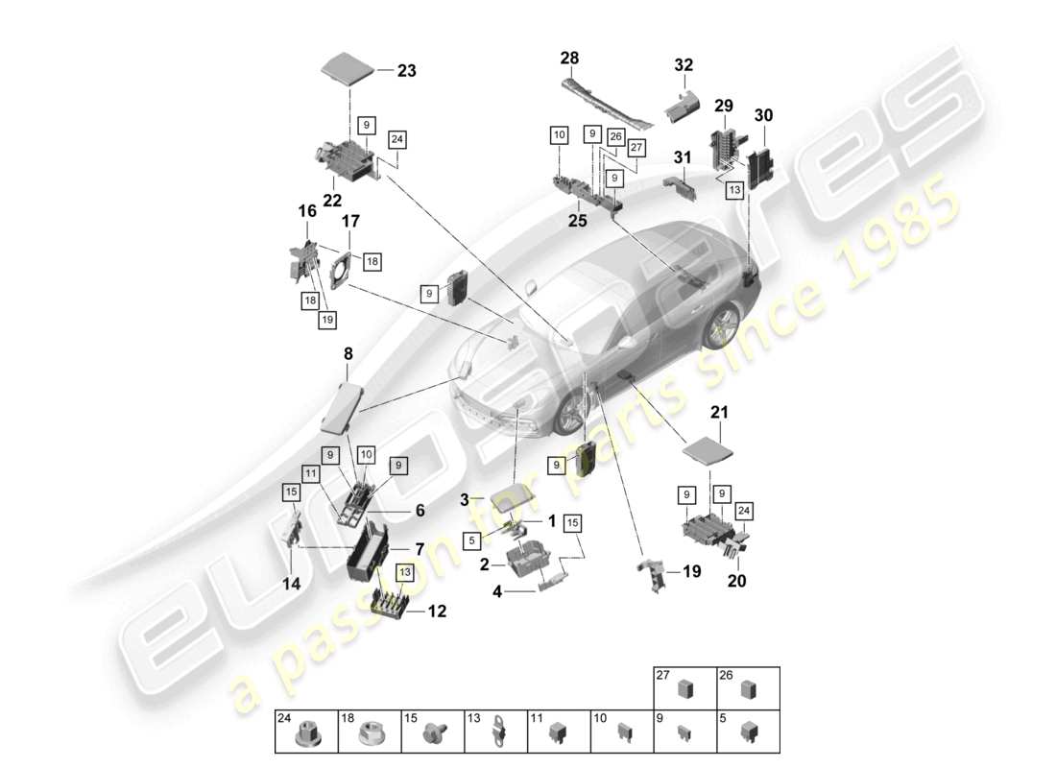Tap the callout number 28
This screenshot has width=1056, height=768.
(x=570, y=60)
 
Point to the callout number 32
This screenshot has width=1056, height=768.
(x=683, y=65)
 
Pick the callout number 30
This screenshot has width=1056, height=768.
(x=763, y=115)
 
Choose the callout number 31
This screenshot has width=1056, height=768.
(x=683, y=157)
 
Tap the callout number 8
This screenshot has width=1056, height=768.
(x=348, y=354)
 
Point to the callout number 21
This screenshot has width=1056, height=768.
(x=719, y=412)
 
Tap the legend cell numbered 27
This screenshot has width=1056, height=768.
(x=684, y=688)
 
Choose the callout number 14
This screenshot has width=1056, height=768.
(x=290, y=582)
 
